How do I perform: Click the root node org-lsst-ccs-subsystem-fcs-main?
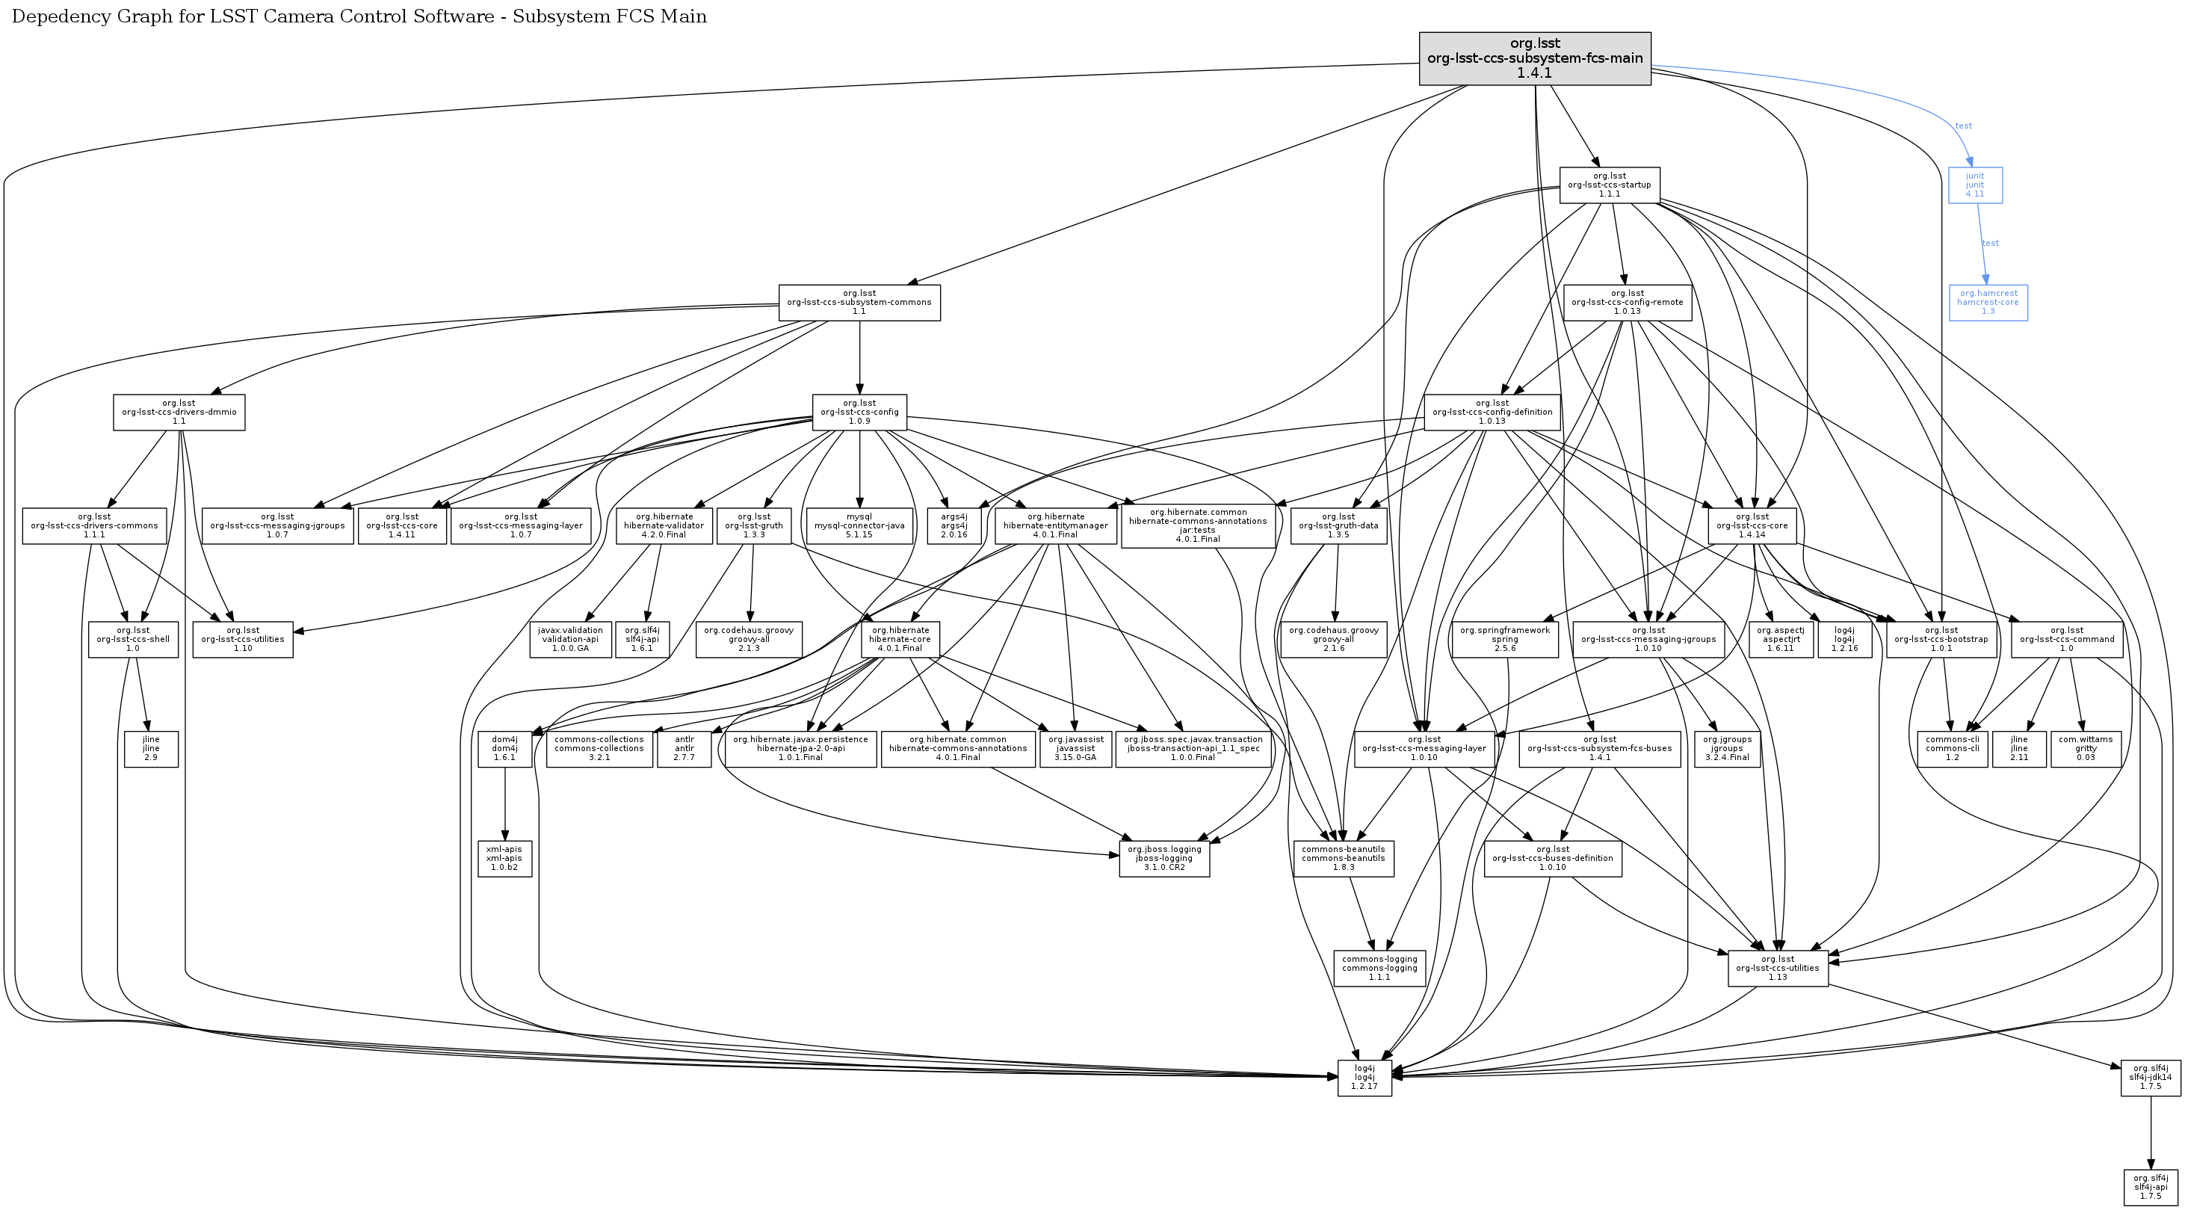coord(1534,58)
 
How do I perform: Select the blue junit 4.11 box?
coord(1974,185)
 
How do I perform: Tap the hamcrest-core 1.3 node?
coord(1988,302)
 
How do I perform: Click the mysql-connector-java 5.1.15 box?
coord(859,525)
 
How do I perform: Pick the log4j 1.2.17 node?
coord(1364,1078)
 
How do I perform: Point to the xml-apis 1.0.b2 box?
coord(504,858)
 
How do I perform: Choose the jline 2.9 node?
coord(151,748)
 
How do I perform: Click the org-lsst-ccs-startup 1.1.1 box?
coord(1609,185)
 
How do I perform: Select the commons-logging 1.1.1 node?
coord(1379,968)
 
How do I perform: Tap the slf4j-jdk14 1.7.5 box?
coord(2150,1078)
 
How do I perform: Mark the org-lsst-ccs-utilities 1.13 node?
coord(1777,968)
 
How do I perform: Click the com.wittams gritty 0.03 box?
coord(2085,748)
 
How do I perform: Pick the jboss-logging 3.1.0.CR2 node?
coord(1163,858)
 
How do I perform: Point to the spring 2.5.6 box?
coord(1505,639)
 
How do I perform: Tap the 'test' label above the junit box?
coord(1963,126)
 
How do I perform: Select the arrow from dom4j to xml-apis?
coord(504,803)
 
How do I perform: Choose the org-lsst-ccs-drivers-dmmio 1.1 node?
coord(179,413)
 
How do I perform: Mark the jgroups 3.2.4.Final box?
coord(1726,748)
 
